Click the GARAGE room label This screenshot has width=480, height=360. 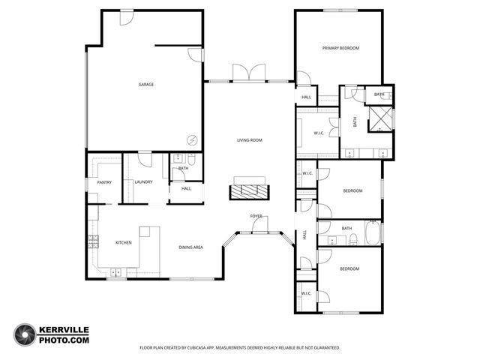145,85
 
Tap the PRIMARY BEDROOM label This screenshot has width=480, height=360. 340,48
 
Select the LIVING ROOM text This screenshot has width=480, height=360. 249,140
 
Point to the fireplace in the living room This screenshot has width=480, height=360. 248,190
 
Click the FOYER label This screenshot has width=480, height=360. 256,216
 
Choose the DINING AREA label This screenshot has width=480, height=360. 190,247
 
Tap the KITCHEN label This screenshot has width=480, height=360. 123,243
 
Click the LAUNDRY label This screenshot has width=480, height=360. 143,182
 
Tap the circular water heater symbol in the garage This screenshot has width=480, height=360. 192,139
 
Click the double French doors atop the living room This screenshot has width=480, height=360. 250,73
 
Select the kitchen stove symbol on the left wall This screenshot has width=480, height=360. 94,241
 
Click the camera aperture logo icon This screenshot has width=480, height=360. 25,334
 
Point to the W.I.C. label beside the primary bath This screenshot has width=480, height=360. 317,134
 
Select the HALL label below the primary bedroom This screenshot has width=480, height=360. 306,97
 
